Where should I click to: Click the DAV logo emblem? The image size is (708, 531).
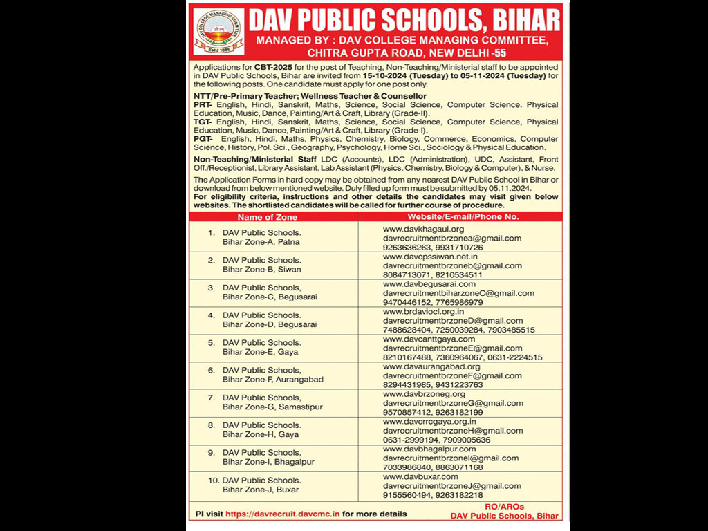pyautogui.click(x=218, y=31)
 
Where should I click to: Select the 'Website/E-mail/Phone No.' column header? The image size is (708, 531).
pyautogui.click(x=463, y=217)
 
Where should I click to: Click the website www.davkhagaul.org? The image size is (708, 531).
pyautogui.click(x=423, y=229)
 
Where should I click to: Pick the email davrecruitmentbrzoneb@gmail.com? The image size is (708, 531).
pyautogui.click(x=452, y=265)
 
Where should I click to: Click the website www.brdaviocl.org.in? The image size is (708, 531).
pyautogui.click(x=424, y=312)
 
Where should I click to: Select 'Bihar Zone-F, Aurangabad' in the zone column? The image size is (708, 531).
pyautogui.click(x=273, y=380)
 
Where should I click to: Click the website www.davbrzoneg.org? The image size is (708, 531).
pyautogui.click(x=424, y=394)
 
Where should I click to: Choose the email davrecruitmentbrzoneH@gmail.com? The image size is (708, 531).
pyautogui.click(x=453, y=431)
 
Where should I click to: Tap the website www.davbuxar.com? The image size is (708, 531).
pyautogui.click(x=420, y=476)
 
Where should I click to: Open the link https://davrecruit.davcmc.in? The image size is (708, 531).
pyautogui.click(x=282, y=514)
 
